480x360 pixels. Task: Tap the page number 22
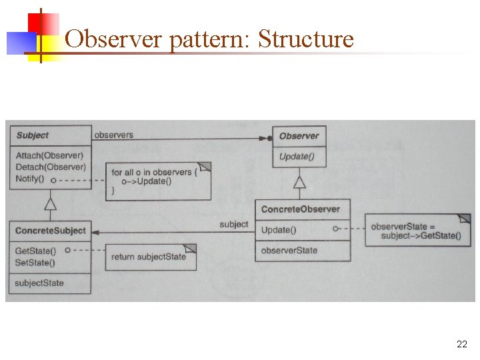tap(461, 344)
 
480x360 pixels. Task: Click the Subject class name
tap(33, 135)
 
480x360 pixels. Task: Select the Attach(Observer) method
tap(50, 155)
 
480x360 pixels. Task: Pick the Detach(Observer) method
tap(51, 167)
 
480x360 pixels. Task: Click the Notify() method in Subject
tap(30, 179)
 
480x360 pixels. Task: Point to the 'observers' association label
tap(113, 135)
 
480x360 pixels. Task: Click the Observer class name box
tap(299, 136)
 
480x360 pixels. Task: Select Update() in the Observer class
tap(297, 157)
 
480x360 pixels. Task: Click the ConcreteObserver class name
tap(300, 209)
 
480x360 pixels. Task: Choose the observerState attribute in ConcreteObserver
tap(289, 251)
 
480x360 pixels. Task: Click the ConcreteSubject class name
tap(51, 231)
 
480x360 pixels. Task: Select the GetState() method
tap(35, 251)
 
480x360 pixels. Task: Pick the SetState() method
tap(35, 262)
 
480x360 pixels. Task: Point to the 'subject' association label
tap(233, 225)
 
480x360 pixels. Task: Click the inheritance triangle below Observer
tap(300, 182)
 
